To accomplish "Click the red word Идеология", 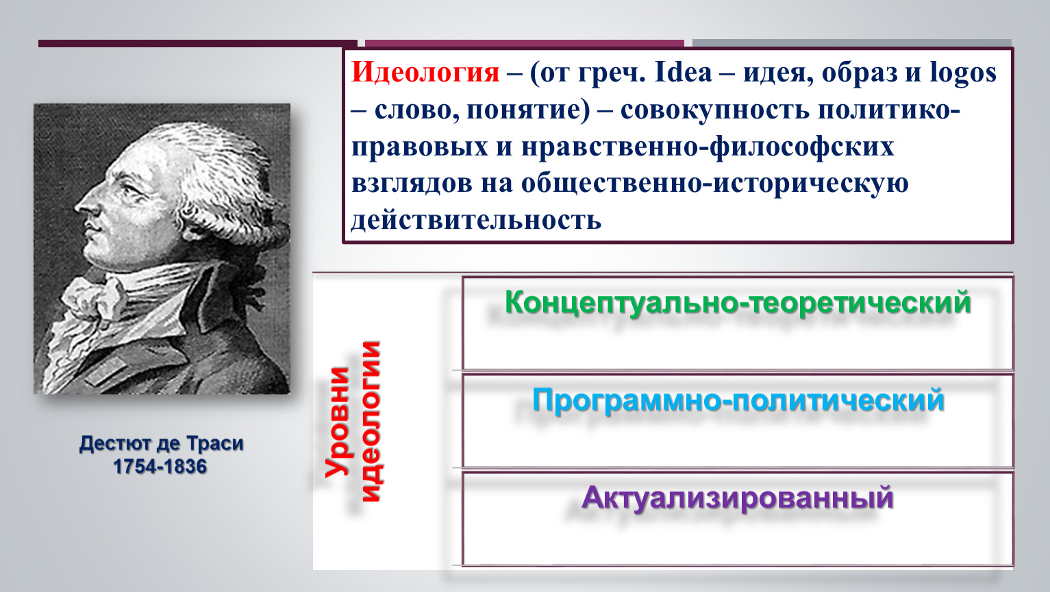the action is (x=425, y=73).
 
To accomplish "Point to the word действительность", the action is (x=476, y=219).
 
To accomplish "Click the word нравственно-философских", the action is (x=708, y=147).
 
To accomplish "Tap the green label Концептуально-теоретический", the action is (x=738, y=303).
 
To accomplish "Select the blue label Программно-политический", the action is (x=738, y=401).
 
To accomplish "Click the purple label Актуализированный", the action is (x=738, y=498).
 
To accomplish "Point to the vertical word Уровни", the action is (x=338, y=422).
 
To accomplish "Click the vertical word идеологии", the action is (x=371, y=421).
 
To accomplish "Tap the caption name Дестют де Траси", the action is (x=161, y=443).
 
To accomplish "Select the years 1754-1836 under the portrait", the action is (x=160, y=467).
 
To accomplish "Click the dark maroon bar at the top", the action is (x=198, y=44).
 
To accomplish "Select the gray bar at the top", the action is (x=852, y=42).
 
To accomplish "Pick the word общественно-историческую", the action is (x=715, y=184).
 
